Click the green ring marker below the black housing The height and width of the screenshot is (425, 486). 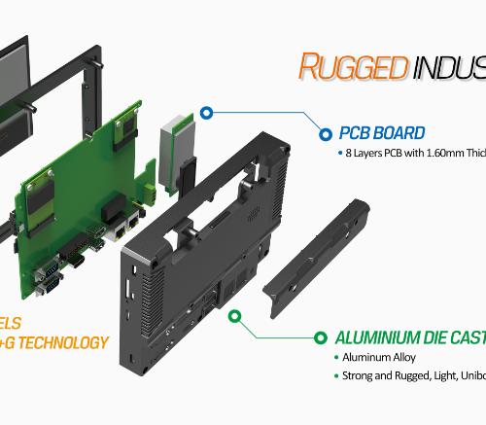(233, 316)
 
